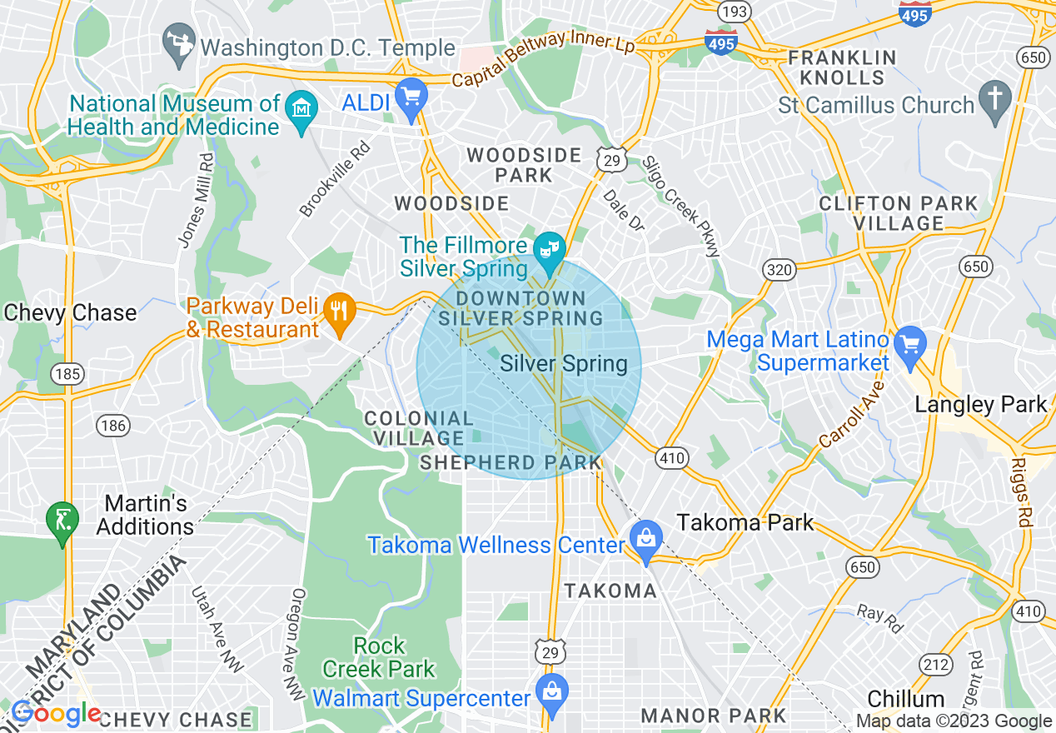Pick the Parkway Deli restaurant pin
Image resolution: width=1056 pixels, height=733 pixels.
[339, 312]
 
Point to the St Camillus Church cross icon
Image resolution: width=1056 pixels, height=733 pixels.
[994, 98]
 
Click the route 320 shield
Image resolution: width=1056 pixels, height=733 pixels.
[779, 270]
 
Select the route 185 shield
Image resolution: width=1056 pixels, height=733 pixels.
[66, 374]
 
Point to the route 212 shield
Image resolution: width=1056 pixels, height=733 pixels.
[936, 664]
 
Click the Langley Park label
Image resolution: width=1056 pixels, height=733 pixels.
[980, 406]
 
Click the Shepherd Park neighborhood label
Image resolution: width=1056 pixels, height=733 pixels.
[510, 462]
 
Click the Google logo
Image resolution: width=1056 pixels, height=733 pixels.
[56, 714]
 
